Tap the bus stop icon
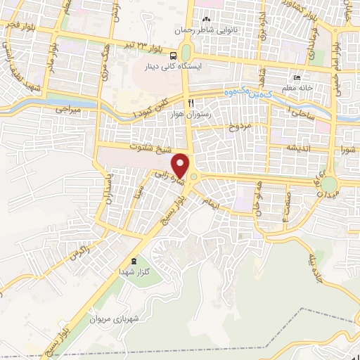coord(186,50)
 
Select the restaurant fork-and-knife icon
coord(181,103)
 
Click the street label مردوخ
coord(239,128)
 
